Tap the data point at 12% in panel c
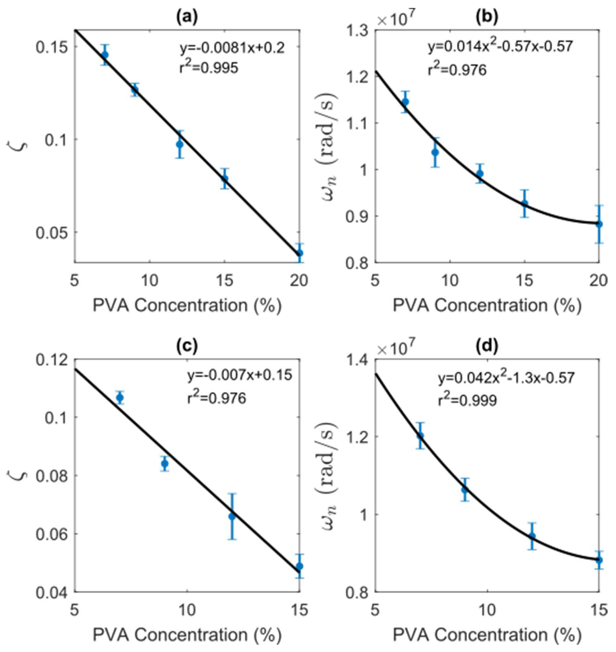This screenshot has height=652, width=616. click(x=232, y=516)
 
